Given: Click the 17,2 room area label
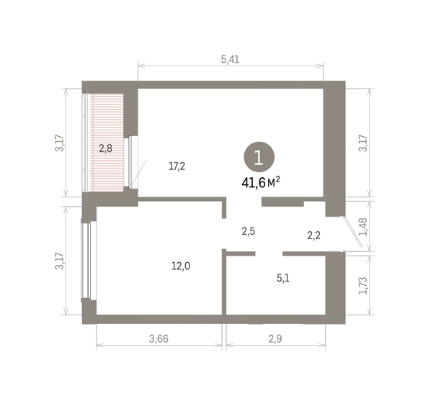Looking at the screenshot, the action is (177, 166).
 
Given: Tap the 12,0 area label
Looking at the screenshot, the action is (181, 266).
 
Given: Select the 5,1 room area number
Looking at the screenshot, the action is (283, 278).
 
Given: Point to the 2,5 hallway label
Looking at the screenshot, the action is (249, 231).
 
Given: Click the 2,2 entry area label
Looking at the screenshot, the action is (314, 235).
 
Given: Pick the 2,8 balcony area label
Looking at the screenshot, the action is (105, 149).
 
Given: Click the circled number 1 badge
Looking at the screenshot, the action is (259, 158).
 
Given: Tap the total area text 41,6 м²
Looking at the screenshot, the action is (261, 182).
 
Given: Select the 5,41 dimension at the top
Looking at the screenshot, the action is (230, 60).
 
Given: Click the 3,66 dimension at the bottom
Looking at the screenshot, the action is (159, 338).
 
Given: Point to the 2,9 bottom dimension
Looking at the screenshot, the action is (275, 338).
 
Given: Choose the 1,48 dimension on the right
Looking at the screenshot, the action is (364, 227).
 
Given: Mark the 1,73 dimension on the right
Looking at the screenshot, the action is (364, 286).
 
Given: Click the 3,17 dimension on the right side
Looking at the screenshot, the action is (364, 143).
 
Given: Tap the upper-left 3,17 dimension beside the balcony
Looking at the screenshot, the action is (60, 143).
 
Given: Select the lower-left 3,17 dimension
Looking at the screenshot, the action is (60, 261).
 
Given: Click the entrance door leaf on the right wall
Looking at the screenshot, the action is (352, 232).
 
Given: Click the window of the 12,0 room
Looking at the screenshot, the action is (86, 260).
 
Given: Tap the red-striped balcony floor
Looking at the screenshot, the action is (107, 143).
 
